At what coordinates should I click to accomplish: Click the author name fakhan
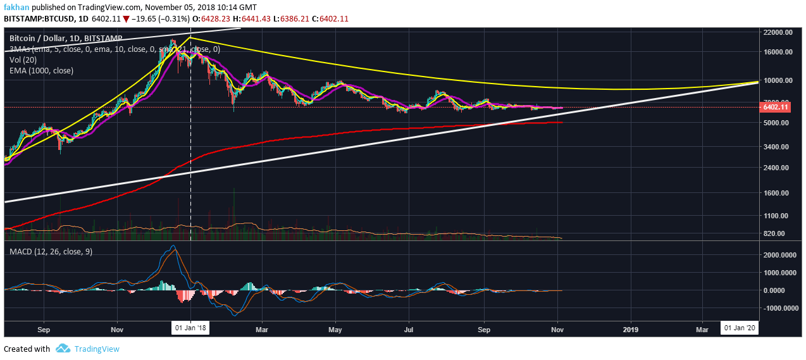17,7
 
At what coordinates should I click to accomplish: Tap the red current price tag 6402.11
776,108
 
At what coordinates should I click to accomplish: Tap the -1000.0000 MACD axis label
778,308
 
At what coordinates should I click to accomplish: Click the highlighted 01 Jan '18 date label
190,328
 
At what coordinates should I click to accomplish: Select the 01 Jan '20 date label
739,328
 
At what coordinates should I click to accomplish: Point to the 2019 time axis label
631,329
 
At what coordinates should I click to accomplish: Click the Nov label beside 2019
557,329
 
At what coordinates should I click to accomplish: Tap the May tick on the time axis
336,329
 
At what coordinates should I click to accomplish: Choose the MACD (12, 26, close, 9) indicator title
50,252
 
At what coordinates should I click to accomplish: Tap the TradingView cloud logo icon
62,349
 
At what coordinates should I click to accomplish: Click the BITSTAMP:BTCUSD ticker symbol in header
39,19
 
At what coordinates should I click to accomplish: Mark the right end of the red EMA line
562,122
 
